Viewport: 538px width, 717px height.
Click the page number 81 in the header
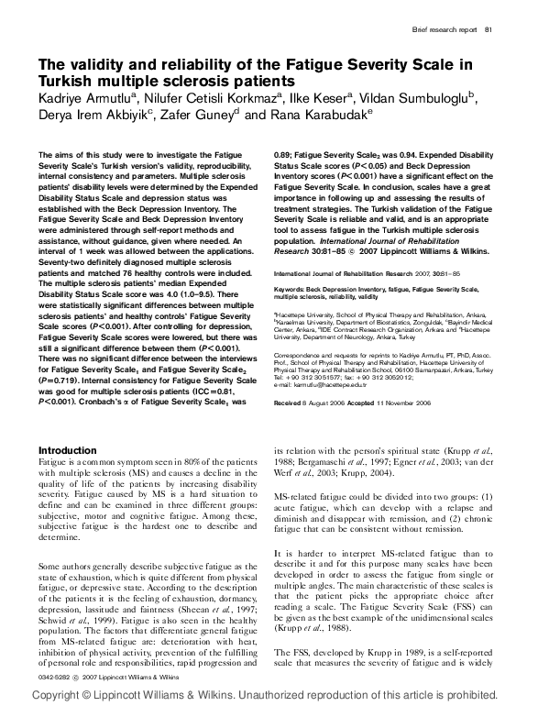(x=490, y=30)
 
